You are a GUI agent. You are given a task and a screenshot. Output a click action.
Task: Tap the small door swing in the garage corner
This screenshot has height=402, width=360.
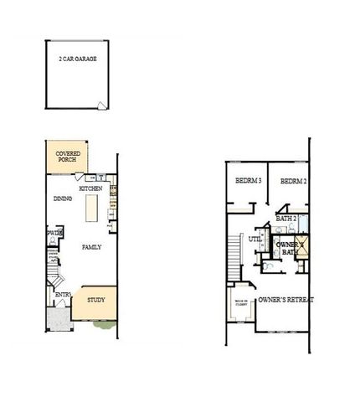pos(101,106)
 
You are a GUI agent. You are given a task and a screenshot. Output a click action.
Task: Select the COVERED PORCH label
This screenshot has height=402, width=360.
pos(67,157)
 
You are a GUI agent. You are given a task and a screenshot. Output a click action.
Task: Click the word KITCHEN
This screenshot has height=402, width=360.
pos(90,189)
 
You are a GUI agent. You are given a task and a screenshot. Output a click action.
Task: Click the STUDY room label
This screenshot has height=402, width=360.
pos(96,298)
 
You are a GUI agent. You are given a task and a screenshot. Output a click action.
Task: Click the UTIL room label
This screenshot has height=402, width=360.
pos(255,239)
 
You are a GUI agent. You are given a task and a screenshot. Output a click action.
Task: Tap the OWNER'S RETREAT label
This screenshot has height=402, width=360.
pos(285,299)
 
